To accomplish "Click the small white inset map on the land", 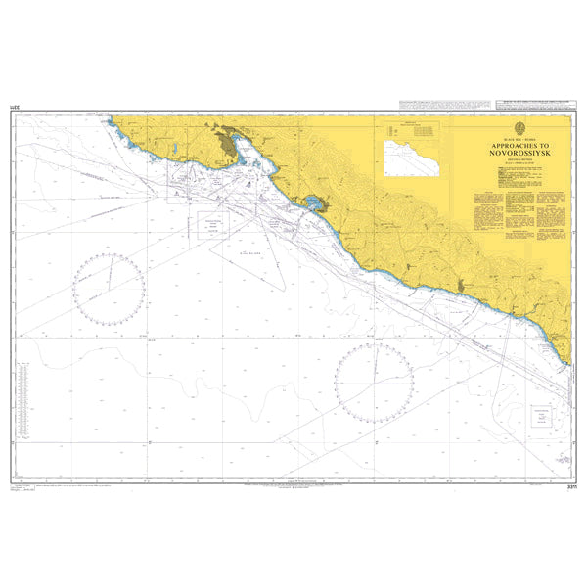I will click(x=412, y=157).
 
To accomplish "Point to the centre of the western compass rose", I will click(x=109, y=288).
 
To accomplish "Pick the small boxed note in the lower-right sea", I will click(x=538, y=418).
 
